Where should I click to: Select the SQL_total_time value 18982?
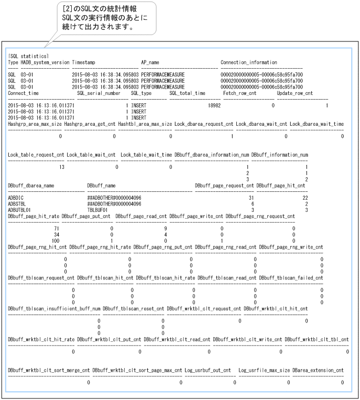pyautogui.click(x=214, y=105)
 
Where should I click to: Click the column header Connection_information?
pyautogui.click(x=249, y=62)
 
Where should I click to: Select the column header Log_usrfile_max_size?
pyautogui.click(x=264, y=370)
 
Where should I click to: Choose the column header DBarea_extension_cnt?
pyautogui.click(x=318, y=370)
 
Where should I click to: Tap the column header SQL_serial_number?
pyautogui.click(x=99, y=93)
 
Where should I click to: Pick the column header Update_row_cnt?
pyautogui.click(x=294, y=93)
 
